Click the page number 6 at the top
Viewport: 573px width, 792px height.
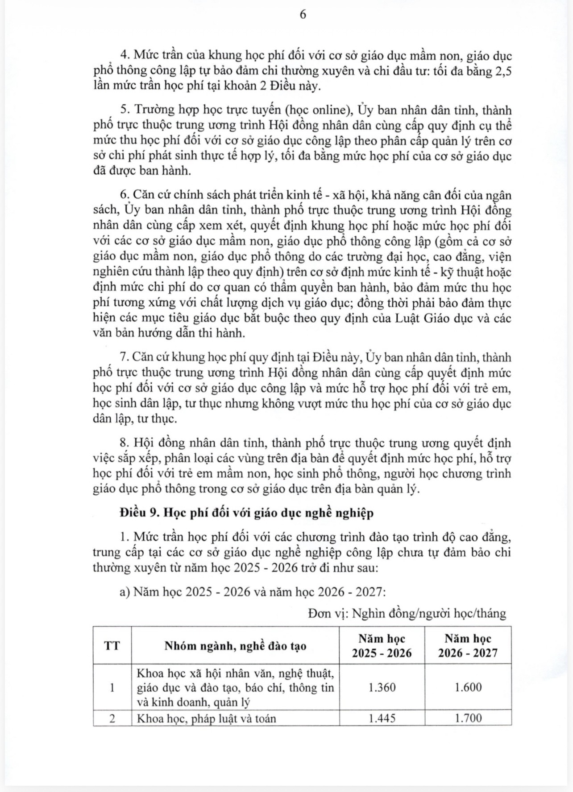click(303, 15)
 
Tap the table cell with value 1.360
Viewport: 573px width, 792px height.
click(382, 687)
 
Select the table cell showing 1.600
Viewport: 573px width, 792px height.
click(468, 687)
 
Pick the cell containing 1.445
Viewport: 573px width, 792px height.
click(382, 718)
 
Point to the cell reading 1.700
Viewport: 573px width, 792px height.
click(468, 718)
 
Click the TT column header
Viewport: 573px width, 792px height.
click(112, 645)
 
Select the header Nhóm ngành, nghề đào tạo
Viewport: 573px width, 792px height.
click(235, 646)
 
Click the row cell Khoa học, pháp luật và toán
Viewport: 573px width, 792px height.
click(206, 718)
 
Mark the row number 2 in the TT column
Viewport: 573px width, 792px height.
click(112, 718)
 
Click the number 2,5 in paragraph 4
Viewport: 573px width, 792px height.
click(502, 71)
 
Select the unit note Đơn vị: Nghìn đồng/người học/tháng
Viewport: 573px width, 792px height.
click(407, 613)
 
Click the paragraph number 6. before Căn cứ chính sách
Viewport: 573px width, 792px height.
click(125, 195)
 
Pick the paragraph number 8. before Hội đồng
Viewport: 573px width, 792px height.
click(125, 443)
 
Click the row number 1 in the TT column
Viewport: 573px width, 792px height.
click(112, 687)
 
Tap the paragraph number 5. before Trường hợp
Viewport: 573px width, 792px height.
click(125, 110)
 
